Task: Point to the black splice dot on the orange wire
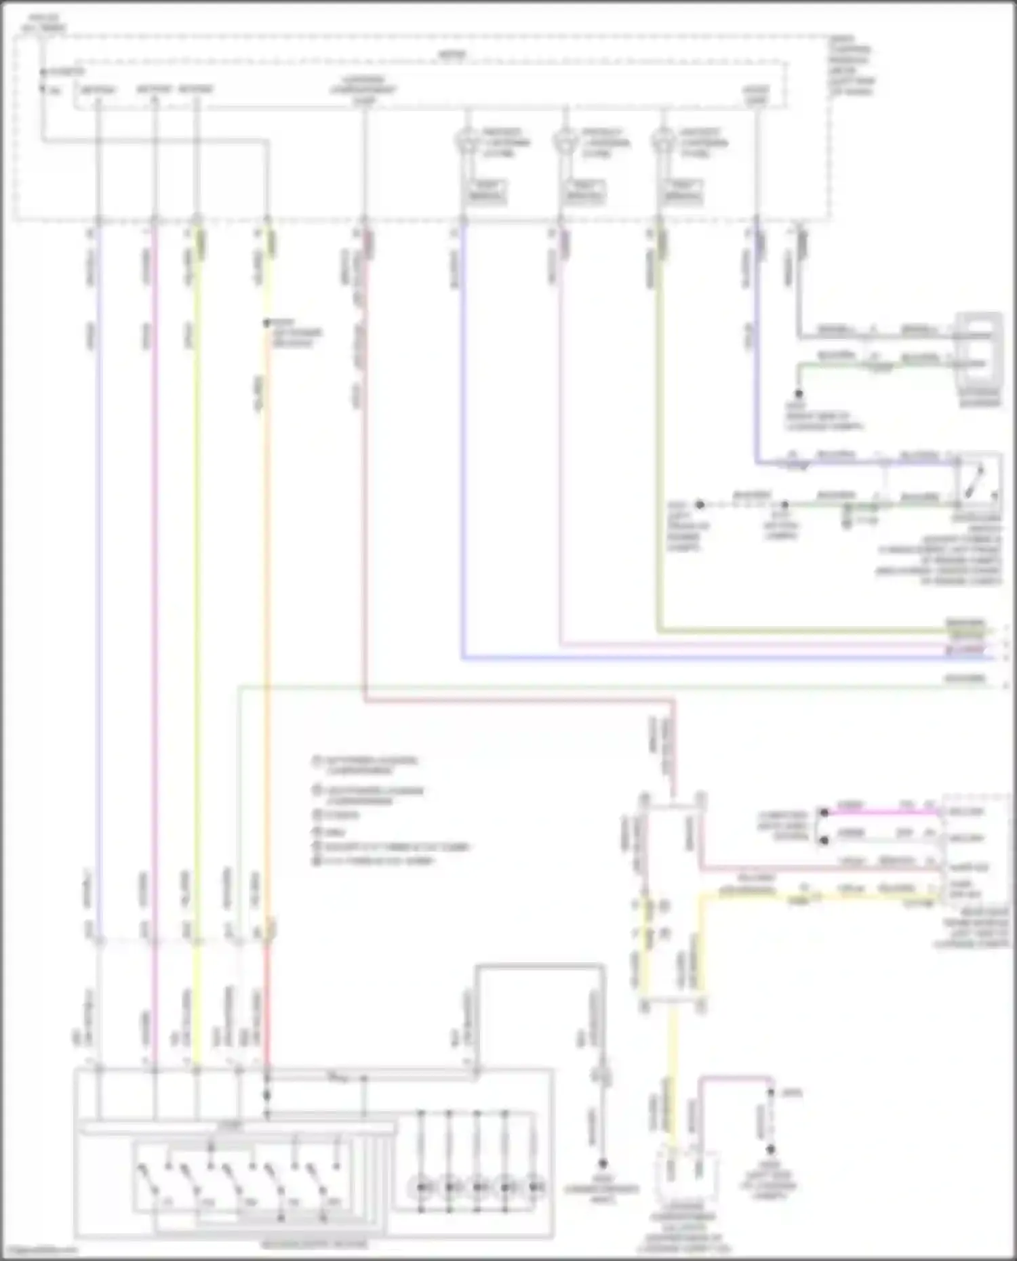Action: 267,323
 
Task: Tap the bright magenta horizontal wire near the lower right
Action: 881,811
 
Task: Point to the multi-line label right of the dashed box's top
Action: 852,65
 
